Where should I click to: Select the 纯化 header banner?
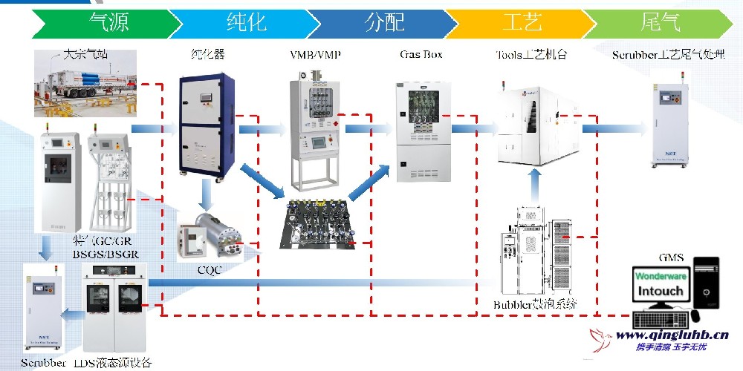245,23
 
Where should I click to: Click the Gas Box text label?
421,55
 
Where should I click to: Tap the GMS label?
671,257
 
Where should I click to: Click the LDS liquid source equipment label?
112,363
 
